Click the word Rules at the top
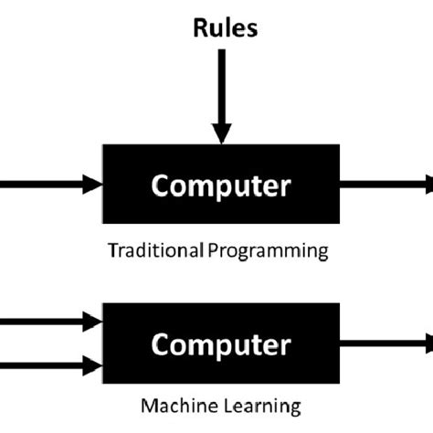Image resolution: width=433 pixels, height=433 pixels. pos(225,27)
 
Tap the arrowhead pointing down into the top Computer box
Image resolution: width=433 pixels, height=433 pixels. pos(220,133)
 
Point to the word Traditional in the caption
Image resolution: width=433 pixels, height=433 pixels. pos(145,250)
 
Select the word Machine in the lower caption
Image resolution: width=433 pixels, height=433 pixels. pos(171,404)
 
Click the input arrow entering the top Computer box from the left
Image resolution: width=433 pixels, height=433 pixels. pos(46,185)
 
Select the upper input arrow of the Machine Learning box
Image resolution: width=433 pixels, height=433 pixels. pos(46,322)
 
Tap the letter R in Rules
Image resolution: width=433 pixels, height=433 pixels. pos(199,27)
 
